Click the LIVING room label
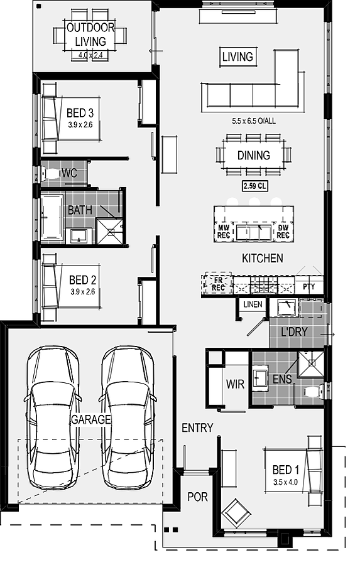[x=238, y=56]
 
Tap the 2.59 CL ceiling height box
[x=254, y=186]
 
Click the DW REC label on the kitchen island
[x=283, y=232]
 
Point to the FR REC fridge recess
[x=218, y=283]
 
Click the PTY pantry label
[x=308, y=287]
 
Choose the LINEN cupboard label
[x=253, y=304]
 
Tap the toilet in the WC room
[x=50, y=173]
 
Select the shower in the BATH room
[x=110, y=231]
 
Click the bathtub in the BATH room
[x=53, y=218]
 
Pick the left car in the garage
[x=53, y=417]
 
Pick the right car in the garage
[x=128, y=417]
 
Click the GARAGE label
[x=90, y=419]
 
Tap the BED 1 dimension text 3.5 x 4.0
[x=285, y=482]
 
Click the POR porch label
[x=198, y=497]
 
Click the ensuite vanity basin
[x=260, y=378]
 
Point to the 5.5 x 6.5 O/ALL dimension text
[x=254, y=121]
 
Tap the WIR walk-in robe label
[x=235, y=384]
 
